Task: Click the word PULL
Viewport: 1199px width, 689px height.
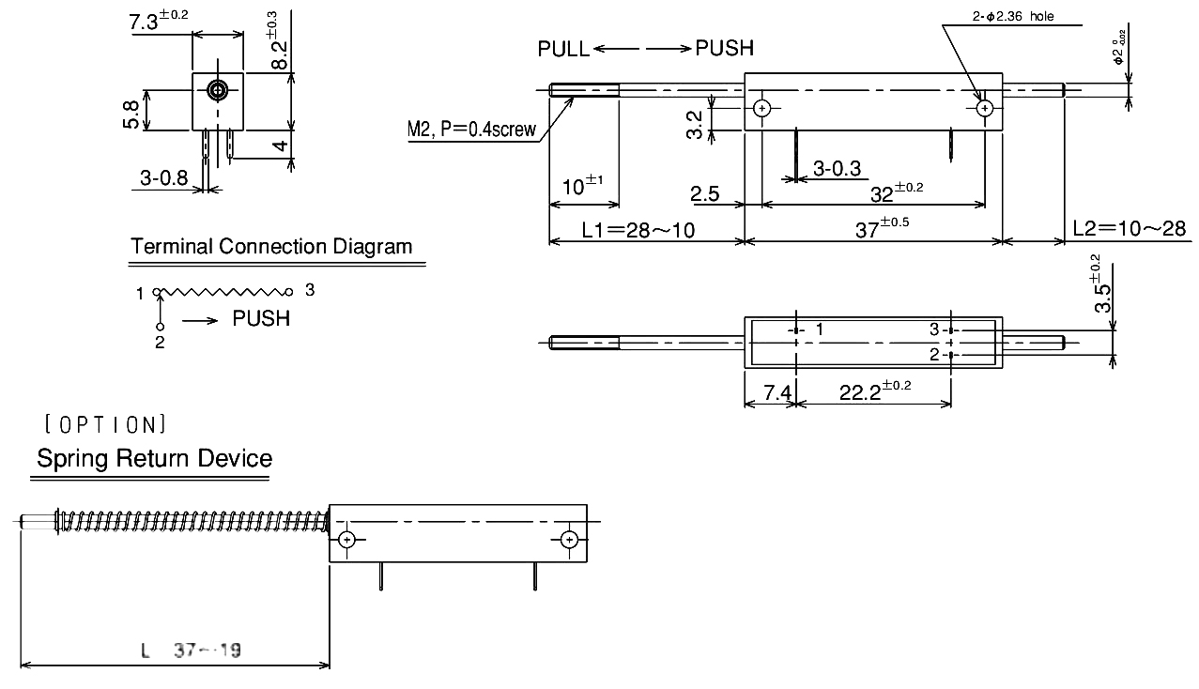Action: (x=563, y=49)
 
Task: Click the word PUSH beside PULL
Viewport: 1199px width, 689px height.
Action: (x=724, y=49)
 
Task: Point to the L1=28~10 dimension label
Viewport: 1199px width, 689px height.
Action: (x=638, y=229)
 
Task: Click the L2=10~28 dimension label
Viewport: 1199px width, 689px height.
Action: (x=1129, y=229)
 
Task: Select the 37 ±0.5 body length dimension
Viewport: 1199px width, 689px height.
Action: (x=882, y=228)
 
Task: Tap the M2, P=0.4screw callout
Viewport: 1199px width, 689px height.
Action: (x=471, y=130)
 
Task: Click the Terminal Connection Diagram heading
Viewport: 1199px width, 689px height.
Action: (x=271, y=247)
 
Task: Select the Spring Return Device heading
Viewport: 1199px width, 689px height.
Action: (x=155, y=459)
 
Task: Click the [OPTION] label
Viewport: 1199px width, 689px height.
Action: (x=105, y=424)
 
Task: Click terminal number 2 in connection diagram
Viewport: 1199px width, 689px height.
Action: (x=160, y=342)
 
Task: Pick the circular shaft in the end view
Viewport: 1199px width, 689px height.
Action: (x=218, y=90)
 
